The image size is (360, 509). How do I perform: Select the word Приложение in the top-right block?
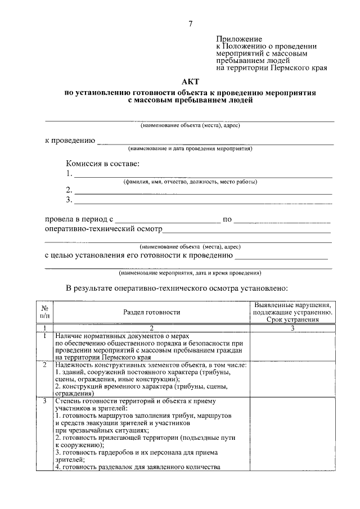[236, 39]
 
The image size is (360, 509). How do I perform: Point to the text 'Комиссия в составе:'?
[103, 164]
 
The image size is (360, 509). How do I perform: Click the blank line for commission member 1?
[203, 177]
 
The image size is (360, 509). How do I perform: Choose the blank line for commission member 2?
[203, 192]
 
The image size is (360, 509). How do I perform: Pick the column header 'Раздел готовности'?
[152, 312]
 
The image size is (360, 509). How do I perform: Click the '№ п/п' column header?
[44, 312]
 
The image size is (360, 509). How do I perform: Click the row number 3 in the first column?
[44, 401]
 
